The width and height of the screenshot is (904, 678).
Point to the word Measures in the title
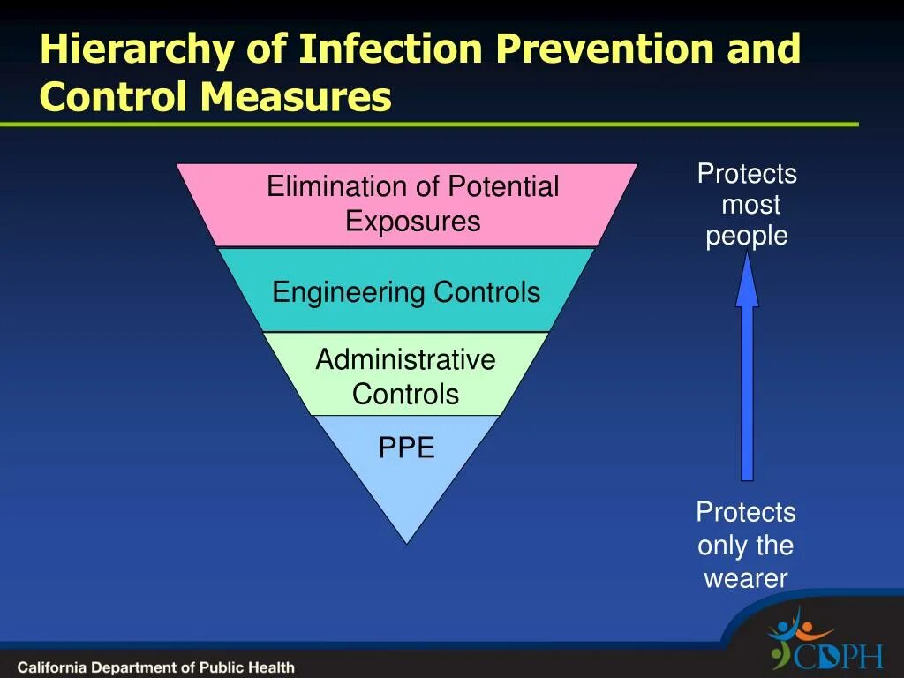(295, 97)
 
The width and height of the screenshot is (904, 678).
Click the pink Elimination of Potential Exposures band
(407, 204)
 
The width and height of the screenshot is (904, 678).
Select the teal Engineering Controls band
(406, 291)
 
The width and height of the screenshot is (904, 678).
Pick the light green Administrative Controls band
(405, 375)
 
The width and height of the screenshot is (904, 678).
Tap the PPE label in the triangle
(406, 448)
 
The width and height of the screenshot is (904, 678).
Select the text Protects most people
(747, 205)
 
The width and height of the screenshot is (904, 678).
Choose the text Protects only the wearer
(746, 546)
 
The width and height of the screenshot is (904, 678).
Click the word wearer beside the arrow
(746, 579)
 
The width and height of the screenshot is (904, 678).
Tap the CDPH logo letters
(838, 656)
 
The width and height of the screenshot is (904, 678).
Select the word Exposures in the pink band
(412, 221)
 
